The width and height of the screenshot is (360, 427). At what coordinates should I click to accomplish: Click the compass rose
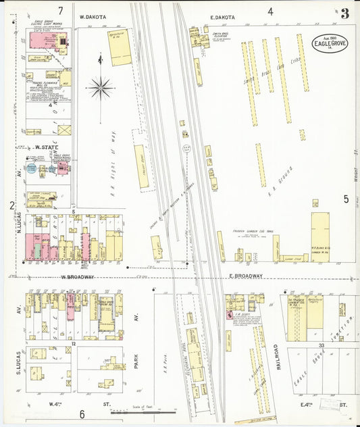pyautogui.click(x=100, y=86)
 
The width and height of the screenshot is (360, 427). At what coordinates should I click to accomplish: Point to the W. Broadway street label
pyautogui.click(x=76, y=277)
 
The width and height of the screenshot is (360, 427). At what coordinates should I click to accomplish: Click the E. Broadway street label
pyautogui.click(x=244, y=276)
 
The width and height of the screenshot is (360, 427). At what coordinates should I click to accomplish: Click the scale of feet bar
pyautogui.click(x=141, y=411)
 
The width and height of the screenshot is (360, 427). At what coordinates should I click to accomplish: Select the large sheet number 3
pyautogui.click(x=344, y=14)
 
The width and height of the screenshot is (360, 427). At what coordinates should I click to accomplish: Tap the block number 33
pyautogui.click(x=323, y=345)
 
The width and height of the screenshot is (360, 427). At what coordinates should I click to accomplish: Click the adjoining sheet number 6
pyautogui.click(x=82, y=414)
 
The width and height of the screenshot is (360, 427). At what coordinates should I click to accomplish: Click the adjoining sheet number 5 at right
pyautogui.click(x=346, y=199)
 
